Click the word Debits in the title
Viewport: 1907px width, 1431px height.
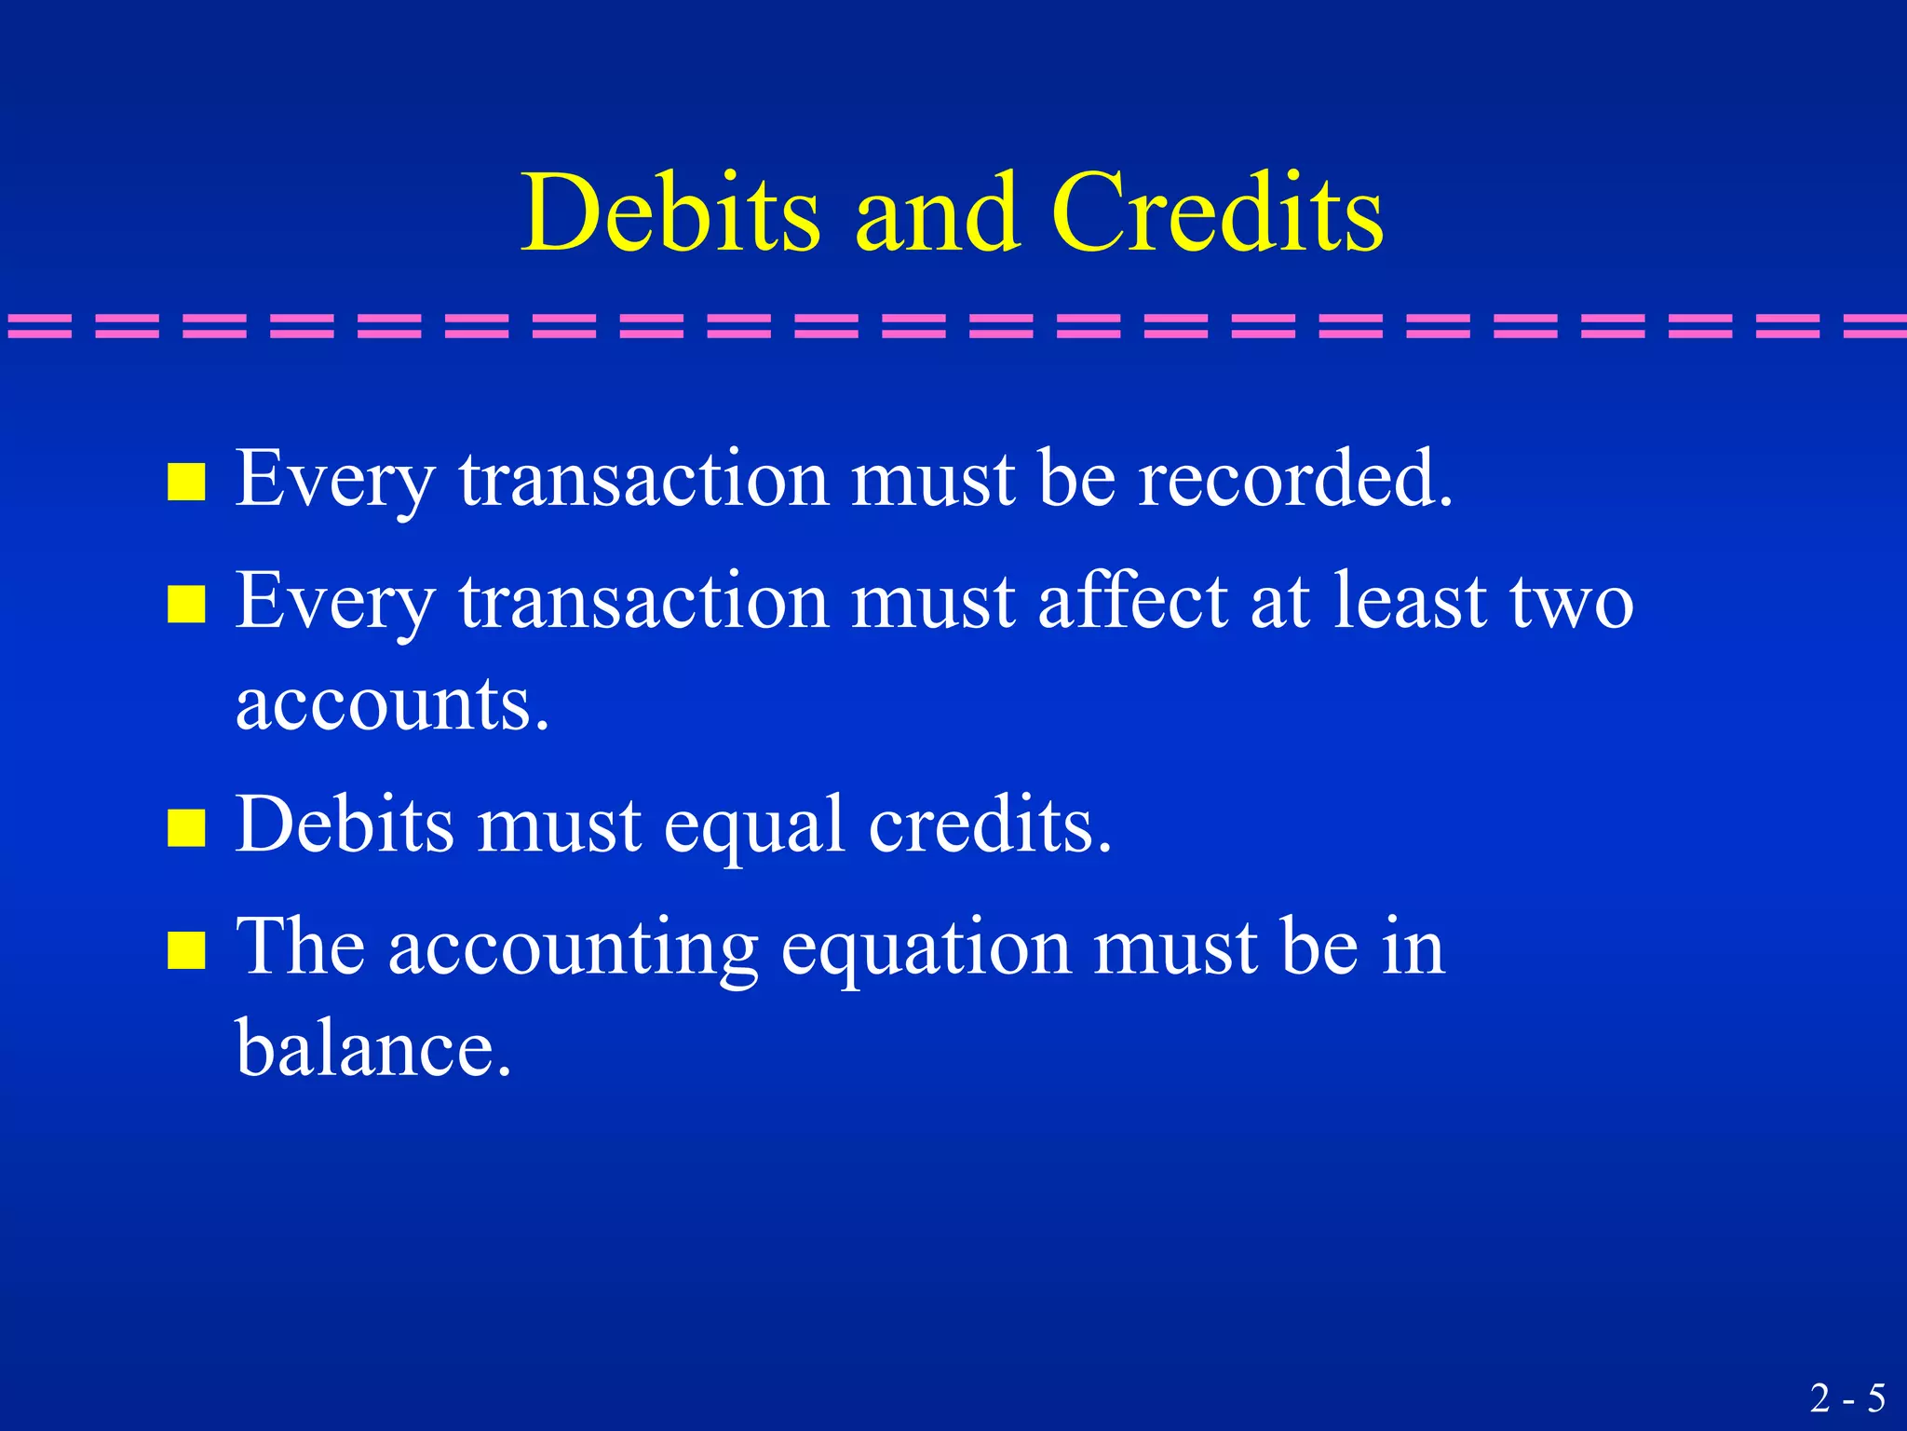click(670, 213)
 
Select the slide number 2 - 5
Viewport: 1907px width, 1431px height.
click(1847, 1398)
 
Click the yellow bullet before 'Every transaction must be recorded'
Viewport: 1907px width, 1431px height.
click(186, 483)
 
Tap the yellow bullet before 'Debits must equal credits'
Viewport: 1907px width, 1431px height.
click(186, 827)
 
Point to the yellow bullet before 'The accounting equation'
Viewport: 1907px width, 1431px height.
click(186, 951)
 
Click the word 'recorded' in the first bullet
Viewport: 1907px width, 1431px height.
click(1295, 479)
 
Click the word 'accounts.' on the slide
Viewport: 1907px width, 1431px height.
click(392, 704)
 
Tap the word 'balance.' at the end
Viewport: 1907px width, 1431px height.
click(373, 1049)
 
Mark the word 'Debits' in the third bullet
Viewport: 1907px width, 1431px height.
click(345, 825)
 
